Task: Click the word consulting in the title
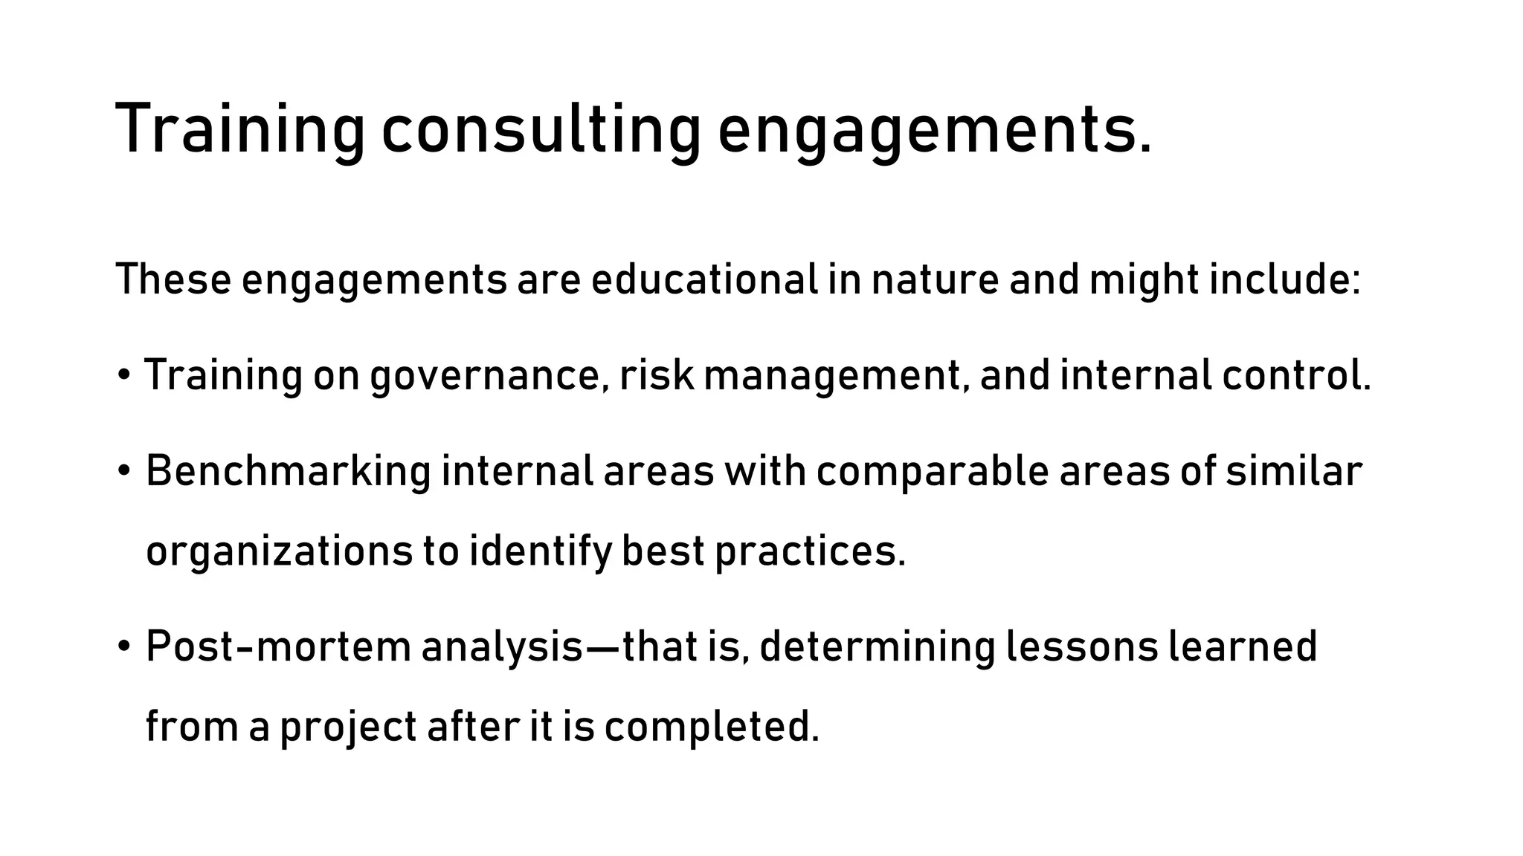coord(541,129)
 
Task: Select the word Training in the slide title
coord(240,129)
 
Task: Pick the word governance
coord(484,376)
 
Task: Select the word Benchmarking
coord(288,472)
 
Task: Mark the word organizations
coord(280,552)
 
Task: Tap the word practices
coord(810,552)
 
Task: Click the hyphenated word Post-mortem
coord(278,646)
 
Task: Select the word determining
coord(878,646)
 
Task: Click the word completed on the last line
coord(711,727)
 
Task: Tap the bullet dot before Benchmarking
coord(123,472)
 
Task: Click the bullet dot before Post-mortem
coord(123,646)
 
